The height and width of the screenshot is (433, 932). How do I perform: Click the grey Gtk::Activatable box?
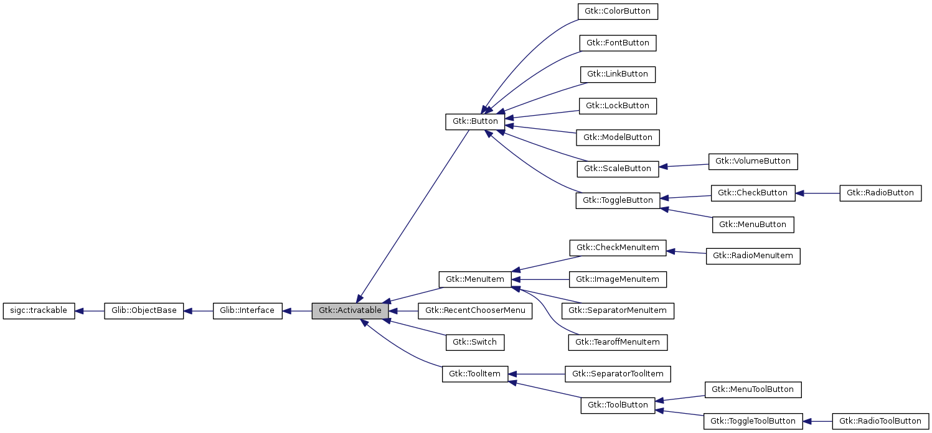click(351, 310)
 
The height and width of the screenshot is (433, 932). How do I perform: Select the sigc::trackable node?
click(39, 310)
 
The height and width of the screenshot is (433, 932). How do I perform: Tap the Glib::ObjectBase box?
click(144, 310)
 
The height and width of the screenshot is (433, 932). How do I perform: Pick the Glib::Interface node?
click(247, 310)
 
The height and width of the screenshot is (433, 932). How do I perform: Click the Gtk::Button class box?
click(474, 121)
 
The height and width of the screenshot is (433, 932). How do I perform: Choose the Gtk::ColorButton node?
click(618, 11)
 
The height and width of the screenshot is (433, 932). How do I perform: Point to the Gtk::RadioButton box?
click(880, 193)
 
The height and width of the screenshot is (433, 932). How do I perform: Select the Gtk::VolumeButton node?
click(753, 161)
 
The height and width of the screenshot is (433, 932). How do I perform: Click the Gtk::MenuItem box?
click(474, 279)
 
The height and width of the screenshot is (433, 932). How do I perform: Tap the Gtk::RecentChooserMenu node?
click(476, 310)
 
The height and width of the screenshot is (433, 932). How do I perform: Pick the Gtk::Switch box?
click(474, 342)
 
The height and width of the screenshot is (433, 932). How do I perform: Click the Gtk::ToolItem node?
click(475, 374)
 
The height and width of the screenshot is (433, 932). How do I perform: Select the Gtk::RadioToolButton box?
click(880, 421)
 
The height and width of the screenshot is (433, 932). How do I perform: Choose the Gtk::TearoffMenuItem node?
click(618, 342)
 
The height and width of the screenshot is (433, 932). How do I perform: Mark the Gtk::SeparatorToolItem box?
click(618, 374)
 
